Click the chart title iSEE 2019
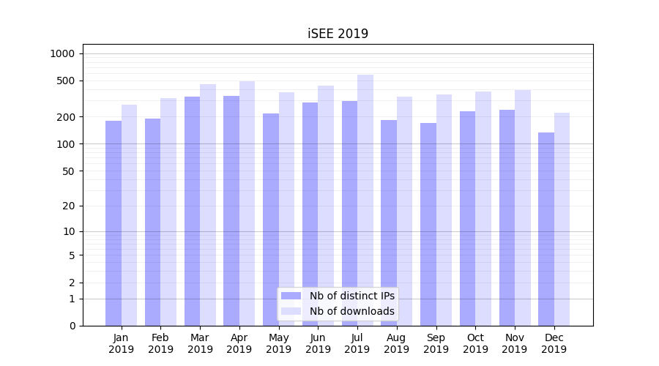[x=338, y=34]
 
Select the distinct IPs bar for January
[x=113, y=223]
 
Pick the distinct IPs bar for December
[x=546, y=229]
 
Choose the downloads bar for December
[x=562, y=219]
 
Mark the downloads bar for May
[x=287, y=209]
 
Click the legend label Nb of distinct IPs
[x=352, y=296]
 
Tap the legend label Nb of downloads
[x=352, y=311]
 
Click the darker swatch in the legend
[x=291, y=296]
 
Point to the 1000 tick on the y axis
[x=62, y=53]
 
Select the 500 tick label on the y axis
[x=66, y=81]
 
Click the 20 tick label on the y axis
[x=69, y=206]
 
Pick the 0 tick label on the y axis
[x=72, y=326]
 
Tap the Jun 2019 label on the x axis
[x=318, y=343]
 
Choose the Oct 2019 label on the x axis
[x=475, y=343]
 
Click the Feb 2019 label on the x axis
[x=160, y=343]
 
